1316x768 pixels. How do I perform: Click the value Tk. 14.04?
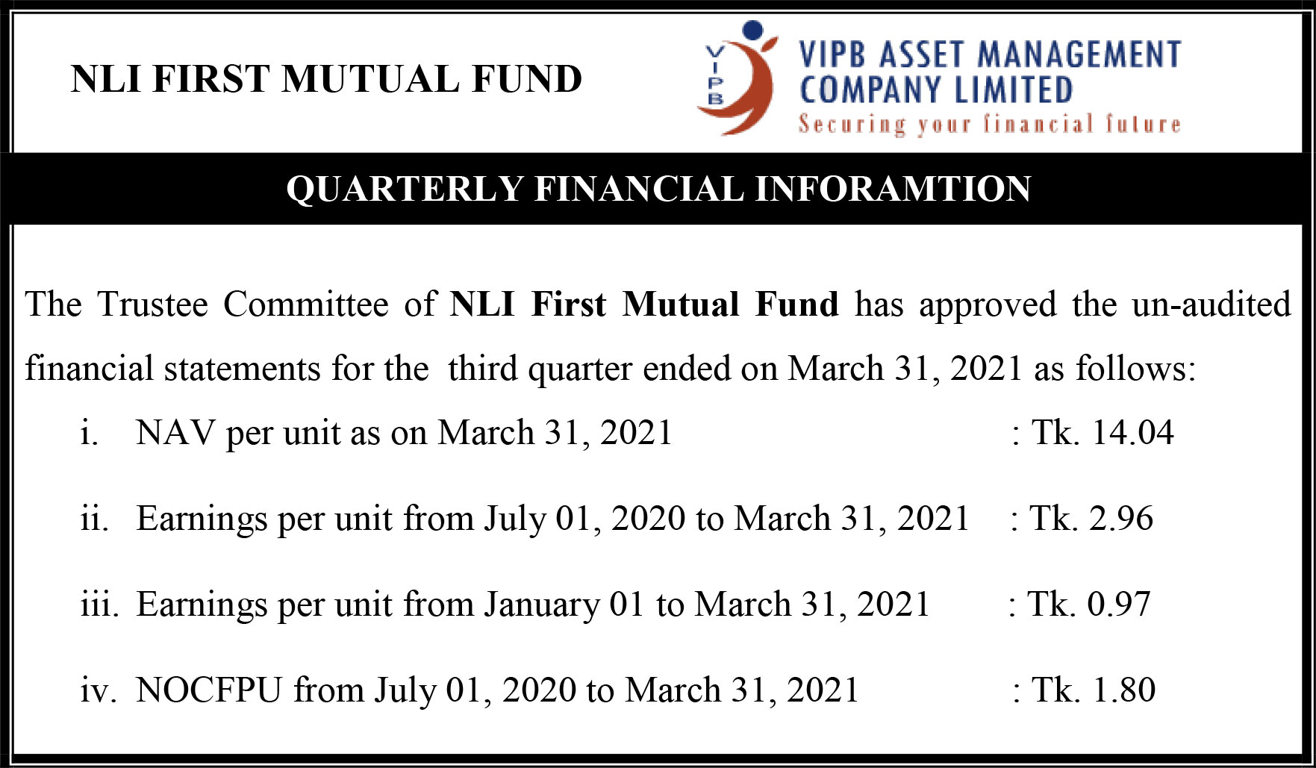tap(1103, 433)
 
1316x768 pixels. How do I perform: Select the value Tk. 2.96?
tap(1091, 519)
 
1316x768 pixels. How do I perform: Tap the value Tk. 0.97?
tap(1089, 604)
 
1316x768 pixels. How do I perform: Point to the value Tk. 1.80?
tap(1094, 690)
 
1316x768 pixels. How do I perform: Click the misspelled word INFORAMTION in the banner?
tap(893, 189)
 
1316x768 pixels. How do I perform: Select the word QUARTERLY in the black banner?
tap(405, 189)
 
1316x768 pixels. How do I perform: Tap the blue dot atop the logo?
tap(753, 30)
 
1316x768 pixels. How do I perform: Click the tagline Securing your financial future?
tap(990, 124)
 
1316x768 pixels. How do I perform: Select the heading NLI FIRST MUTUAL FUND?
tap(326, 79)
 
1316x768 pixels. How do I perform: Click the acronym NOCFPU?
tap(209, 690)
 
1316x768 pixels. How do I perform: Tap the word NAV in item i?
tap(175, 433)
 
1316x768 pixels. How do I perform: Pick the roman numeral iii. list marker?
tap(99, 604)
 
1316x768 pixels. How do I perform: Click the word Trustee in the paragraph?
tap(152, 305)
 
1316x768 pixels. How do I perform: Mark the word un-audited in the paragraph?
tap(1211, 305)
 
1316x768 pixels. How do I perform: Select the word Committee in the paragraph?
tap(305, 305)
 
